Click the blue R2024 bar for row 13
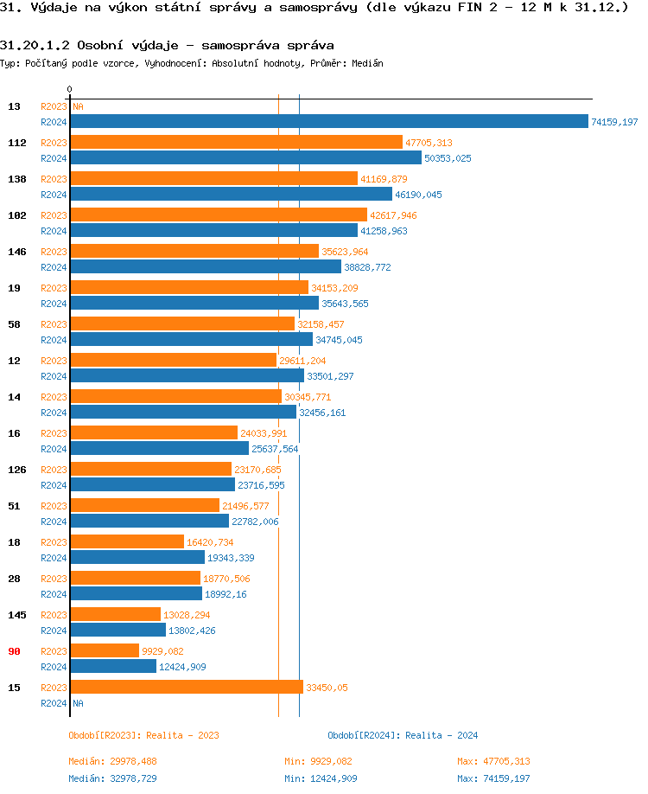pyautogui.click(x=328, y=122)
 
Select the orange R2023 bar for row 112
pyautogui.click(x=236, y=142)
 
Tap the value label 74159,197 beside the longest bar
pyautogui.click(x=614, y=123)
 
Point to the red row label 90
pyautogui.click(x=14, y=651)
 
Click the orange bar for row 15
pyautogui.click(x=187, y=687)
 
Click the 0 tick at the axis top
pyautogui.click(x=70, y=89)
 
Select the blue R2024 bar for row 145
pyautogui.click(x=118, y=631)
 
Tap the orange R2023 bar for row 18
pyautogui.click(x=127, y=541)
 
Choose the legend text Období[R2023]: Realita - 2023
pyautogui.click(x=143, y=735)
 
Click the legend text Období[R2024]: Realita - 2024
pyautogui.click(x=403, y=735)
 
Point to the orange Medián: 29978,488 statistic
pyautogui.click(x=112, y=761)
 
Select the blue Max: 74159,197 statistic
pyautogui.click(x=493, y=778)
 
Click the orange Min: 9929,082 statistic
pyautogui.click(x=318, y=761)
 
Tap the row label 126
pyautogui.click(x=17, y=470)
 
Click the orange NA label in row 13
pyautogui.click(x=78, y=106)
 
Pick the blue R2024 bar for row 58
pyautogui.click(x=191, y=340)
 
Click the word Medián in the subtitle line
pyautogui.click(x=367, y=63)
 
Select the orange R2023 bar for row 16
pyautogui.click(x=153, y=432)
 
